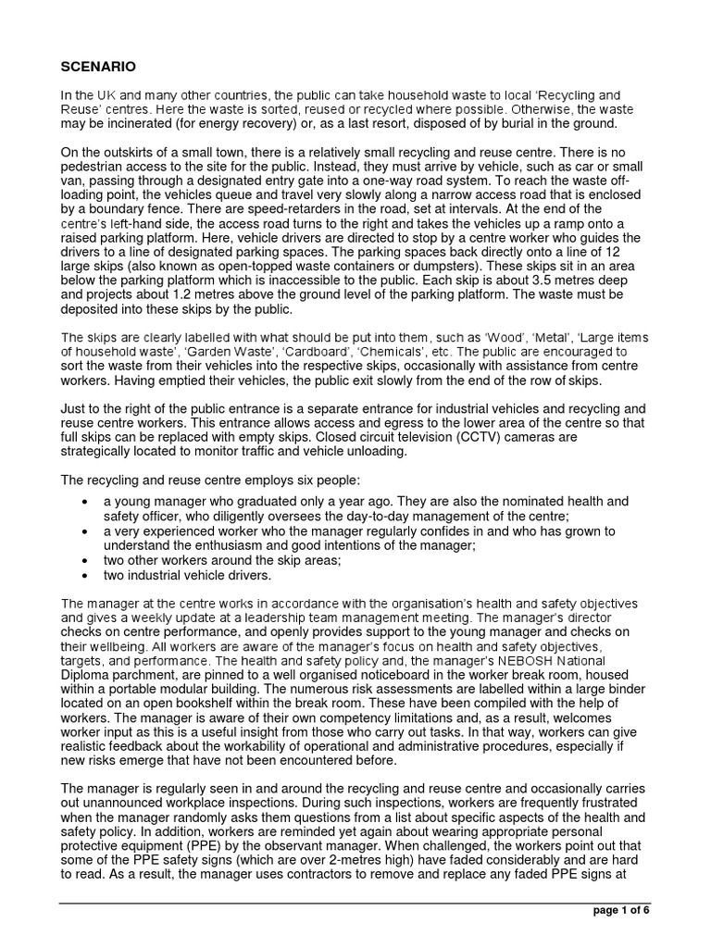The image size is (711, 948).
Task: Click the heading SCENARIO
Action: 99,68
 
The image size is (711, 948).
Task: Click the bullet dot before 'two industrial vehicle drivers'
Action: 85,574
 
